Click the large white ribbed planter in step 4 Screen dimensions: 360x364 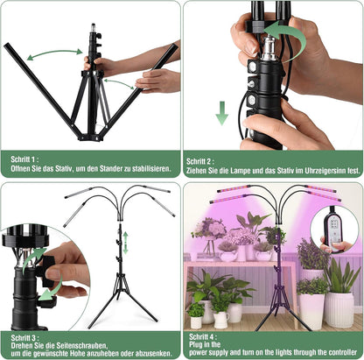339,307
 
